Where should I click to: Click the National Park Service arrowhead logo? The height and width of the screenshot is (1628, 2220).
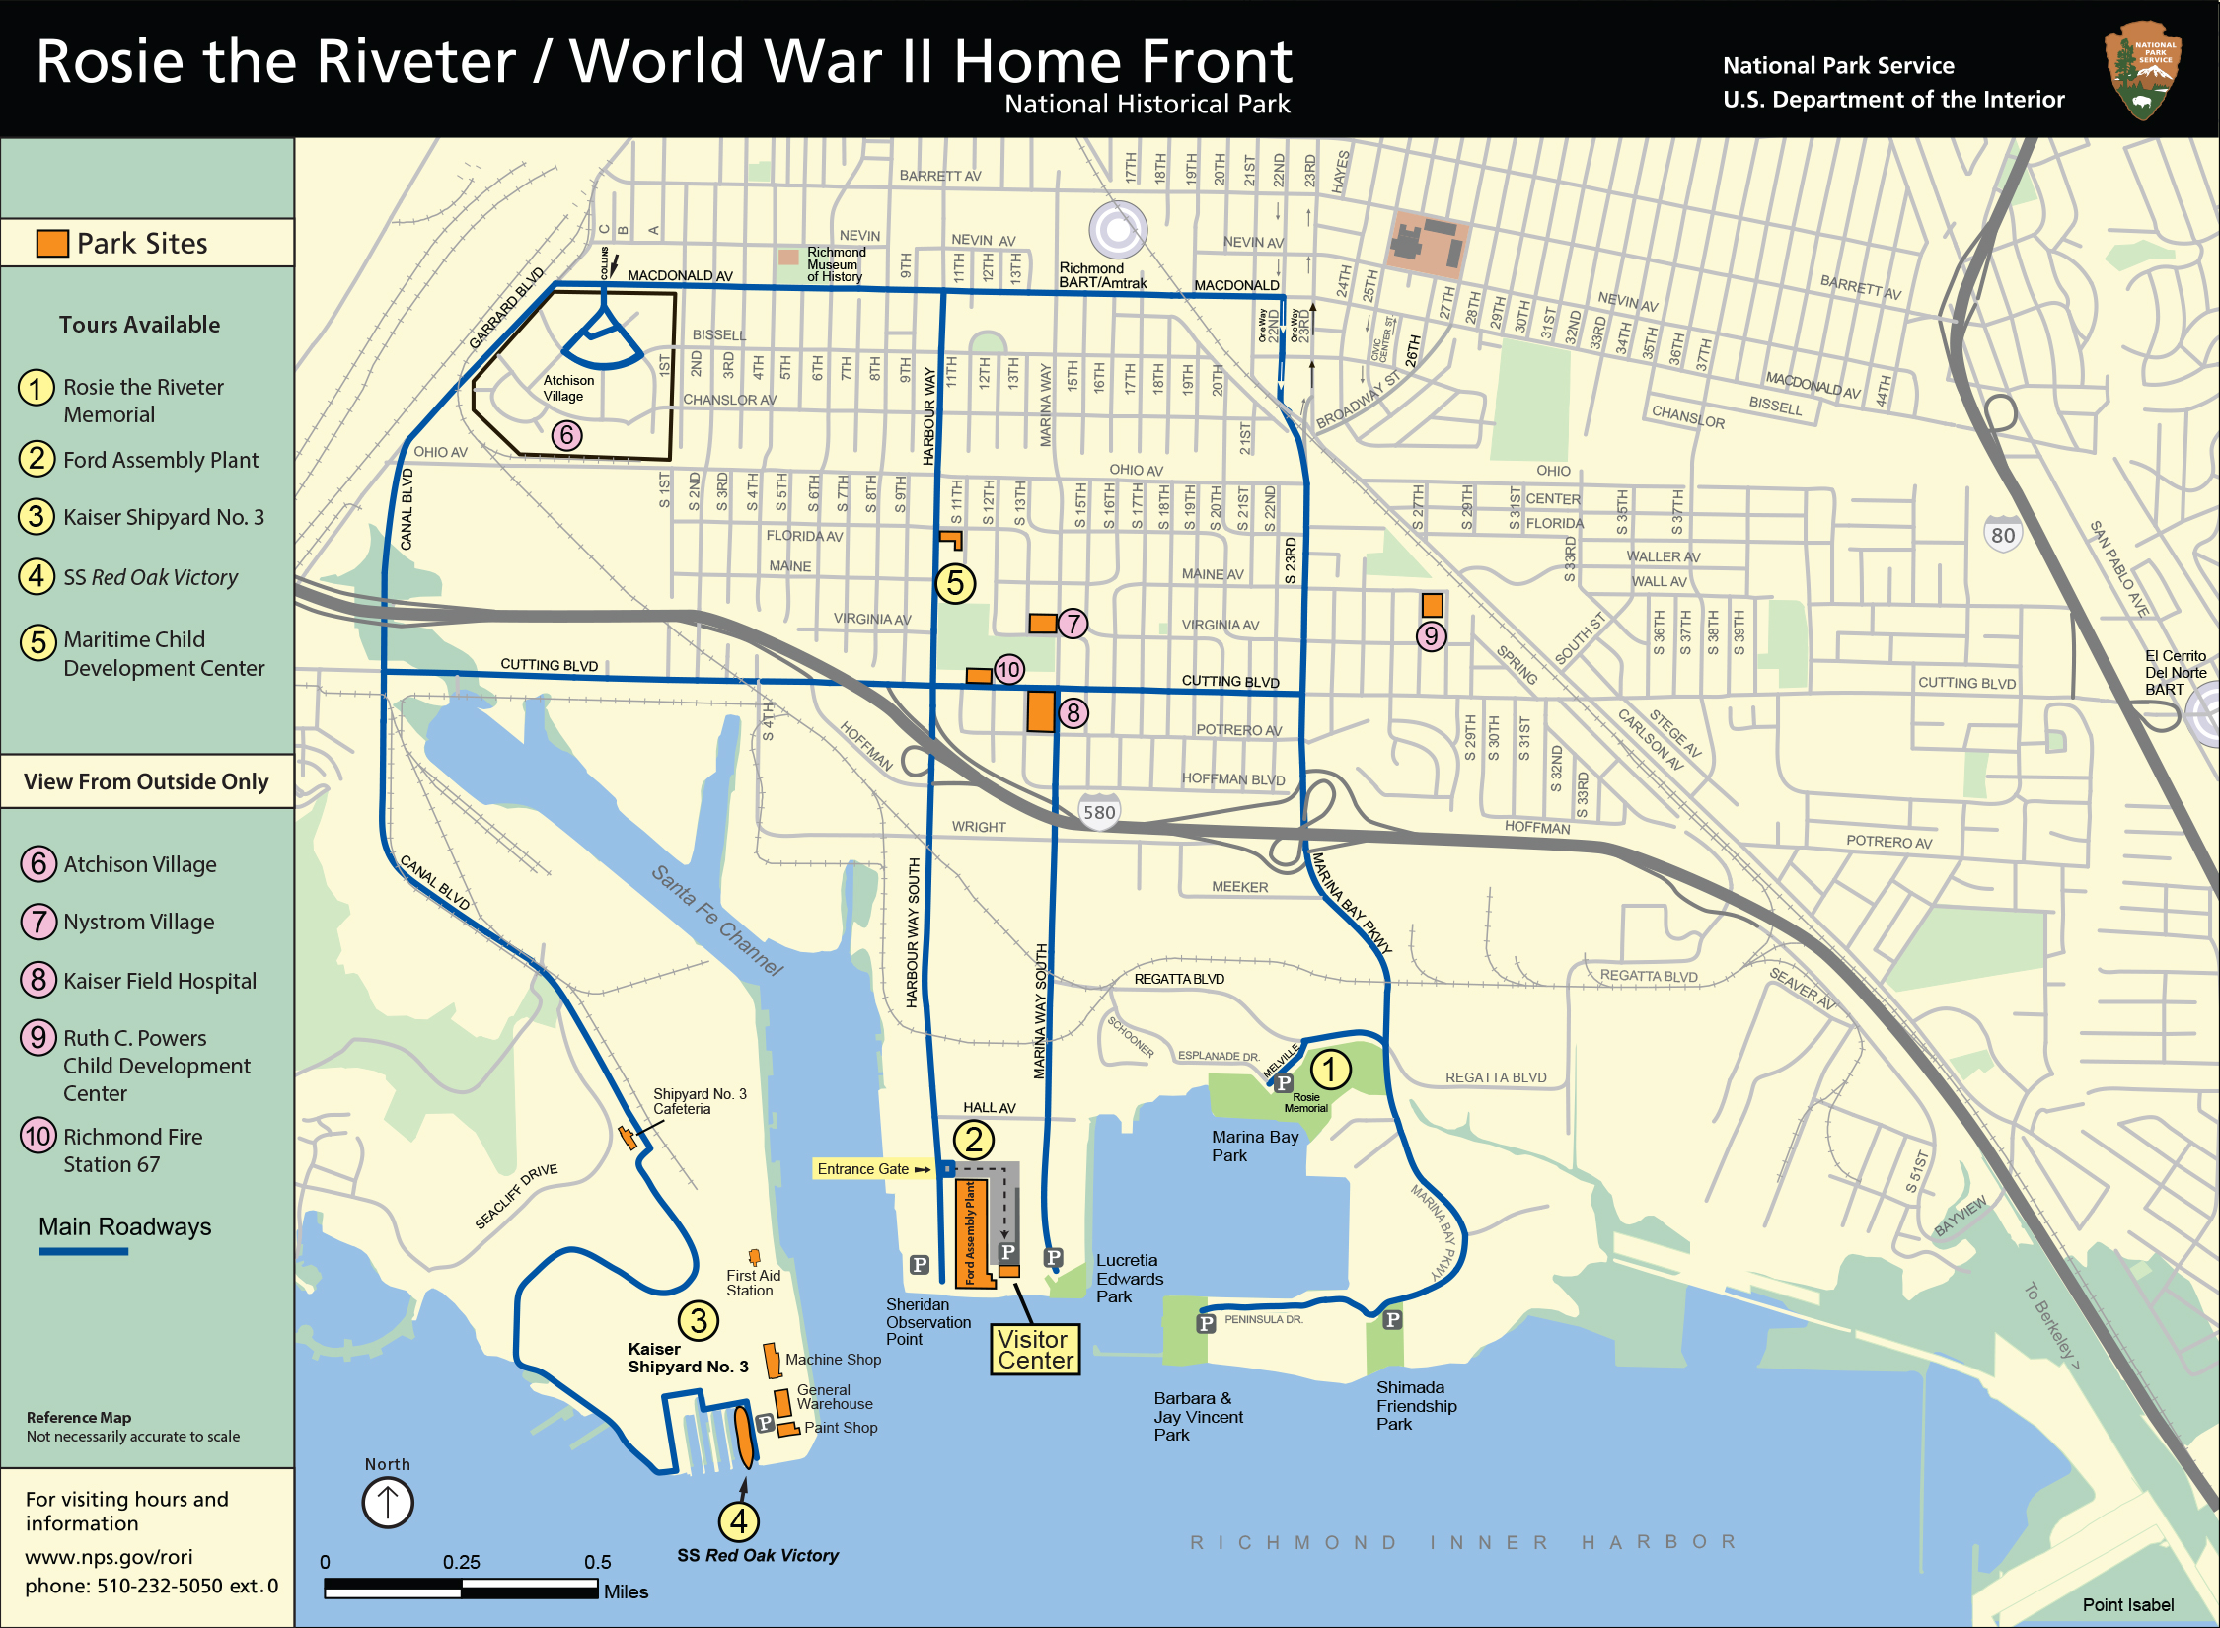[x=2142, y=70]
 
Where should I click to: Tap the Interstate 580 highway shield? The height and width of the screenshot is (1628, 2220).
[x=1099, y=811]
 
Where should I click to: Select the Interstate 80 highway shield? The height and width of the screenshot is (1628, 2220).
[x=2002, y=534]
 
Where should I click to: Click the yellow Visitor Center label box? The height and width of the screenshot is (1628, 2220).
[x=1035, y=1350]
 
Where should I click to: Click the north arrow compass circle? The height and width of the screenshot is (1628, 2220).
[x=388, y=1503]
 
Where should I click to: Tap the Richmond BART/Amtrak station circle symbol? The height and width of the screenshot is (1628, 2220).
[x=1118, y=230]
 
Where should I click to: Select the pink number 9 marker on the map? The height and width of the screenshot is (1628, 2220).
[x=1431, y=636]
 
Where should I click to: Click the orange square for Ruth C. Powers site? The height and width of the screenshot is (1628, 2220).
[x=1432, y=604]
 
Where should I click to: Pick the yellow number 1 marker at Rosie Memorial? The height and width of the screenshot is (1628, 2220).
[x=1330, y=1069]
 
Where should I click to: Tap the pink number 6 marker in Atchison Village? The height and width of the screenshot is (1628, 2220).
[x=566, y=435]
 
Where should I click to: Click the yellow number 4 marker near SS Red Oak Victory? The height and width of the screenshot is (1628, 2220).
[x=738, y=1520]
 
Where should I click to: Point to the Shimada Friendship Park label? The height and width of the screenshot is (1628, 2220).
[x=1416, y=1405]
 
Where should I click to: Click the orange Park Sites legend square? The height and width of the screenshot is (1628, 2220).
[x=52, y=243]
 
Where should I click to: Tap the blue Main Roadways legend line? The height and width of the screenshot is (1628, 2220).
[x=84, y=1251]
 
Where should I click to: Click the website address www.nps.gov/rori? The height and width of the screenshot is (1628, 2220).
[x=109, y=1557]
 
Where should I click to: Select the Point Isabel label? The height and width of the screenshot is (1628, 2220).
[x=2127, y=1605]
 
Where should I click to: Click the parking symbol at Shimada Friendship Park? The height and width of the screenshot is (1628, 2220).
[x=1392, y=1319]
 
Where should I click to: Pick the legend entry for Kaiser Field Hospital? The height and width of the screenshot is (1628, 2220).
[x=159, y=981]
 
